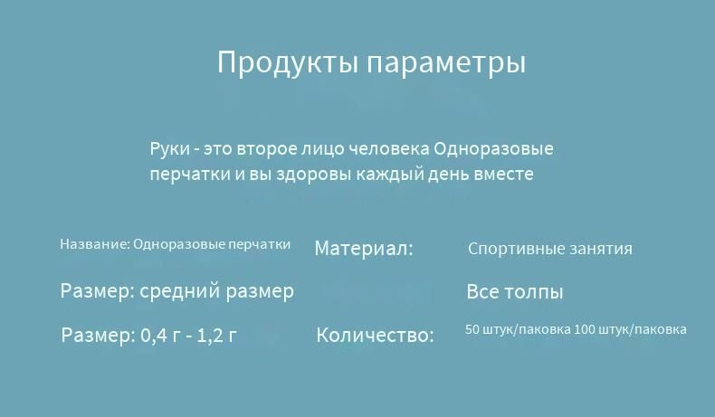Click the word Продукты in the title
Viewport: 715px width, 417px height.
287,63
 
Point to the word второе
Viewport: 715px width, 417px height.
267,149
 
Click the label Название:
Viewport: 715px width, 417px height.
95,244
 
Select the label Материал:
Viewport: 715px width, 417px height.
364,249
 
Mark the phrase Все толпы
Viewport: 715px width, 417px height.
515,292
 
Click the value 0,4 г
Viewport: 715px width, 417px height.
160,336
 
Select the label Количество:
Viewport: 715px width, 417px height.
375,336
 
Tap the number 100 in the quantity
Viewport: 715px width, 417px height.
584,329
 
